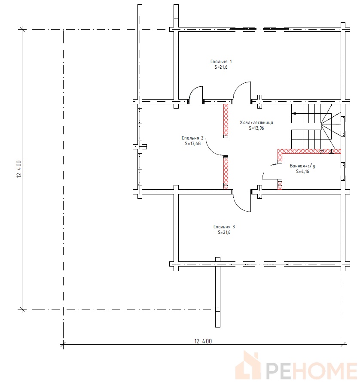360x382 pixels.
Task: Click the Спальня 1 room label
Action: (221, 62)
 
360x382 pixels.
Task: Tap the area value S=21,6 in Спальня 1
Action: (221, 67)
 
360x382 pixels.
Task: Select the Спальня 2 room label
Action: (192, 138)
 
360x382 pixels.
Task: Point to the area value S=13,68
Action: (193, 143)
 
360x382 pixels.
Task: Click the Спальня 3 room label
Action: (224, 227)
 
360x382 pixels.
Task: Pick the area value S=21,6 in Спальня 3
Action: (224, 232)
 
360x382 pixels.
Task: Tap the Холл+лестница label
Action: (256, 123)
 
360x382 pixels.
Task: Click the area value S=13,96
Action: (256, 128)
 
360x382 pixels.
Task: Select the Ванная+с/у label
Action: (302, 166)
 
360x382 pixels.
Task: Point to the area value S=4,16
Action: (302, 172)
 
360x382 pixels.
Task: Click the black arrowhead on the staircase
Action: (294, 113)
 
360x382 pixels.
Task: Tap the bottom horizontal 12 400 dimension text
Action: (203, 341)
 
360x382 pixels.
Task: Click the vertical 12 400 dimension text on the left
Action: (19, 169)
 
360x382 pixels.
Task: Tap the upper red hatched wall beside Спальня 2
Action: (226, 120)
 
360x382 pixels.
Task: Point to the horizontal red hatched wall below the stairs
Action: (309, 151)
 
